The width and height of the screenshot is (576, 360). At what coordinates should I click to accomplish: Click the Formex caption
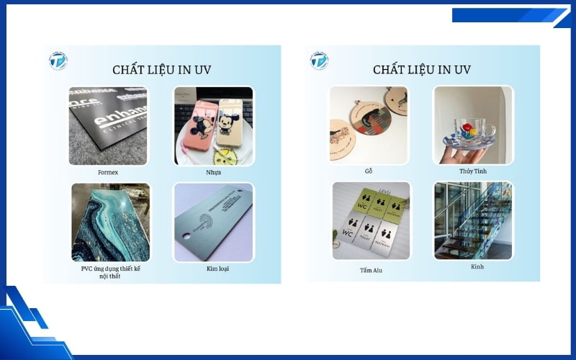pos(109,173)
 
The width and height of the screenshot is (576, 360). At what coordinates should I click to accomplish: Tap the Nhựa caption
pos(212,173)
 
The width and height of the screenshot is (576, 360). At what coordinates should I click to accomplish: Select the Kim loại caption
pos(212,269)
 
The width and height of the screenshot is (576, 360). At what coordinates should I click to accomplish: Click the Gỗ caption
pos(369,171)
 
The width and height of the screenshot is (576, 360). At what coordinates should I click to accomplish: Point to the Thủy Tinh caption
pos(473,171)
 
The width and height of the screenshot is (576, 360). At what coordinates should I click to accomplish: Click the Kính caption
pos(477,266)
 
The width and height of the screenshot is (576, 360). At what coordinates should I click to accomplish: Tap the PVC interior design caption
pos(110,272)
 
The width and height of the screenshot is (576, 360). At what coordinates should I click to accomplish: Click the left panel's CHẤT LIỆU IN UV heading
pos(161,70)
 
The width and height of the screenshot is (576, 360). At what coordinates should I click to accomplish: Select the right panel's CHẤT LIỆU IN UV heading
pos(421,70)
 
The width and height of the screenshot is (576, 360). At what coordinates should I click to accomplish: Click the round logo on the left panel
pos(58,60)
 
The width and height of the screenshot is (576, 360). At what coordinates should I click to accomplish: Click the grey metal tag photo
pos(213,222)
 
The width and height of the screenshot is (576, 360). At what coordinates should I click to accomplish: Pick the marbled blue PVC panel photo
pos(110,222)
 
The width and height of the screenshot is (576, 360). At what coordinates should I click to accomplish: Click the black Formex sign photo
pos(108,126)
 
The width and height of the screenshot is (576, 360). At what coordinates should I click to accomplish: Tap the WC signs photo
pos(371,221)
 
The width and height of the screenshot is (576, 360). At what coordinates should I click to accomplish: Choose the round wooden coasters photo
pos(368,125)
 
